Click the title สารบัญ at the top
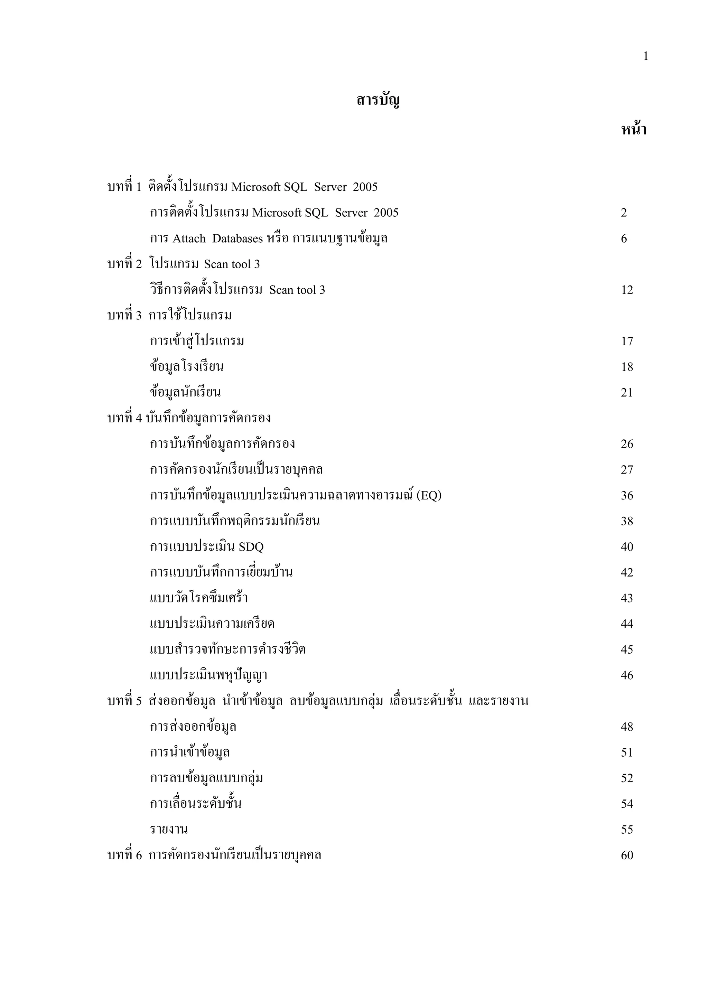coord(378,100)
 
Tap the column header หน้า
coord(633,130)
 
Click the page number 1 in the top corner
coord(646,56)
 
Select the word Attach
coord(189,239)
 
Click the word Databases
coord(237,239)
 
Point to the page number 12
coord(627,290)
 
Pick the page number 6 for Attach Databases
coord(624,239)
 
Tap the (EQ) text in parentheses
coord(429,496)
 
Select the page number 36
coord(627,496)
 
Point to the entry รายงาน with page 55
coord(169,830)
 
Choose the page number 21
coord(627,393)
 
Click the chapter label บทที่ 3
coord(125,316)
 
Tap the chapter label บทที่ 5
coord(125,701)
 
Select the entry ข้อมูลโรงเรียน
coord(187,367)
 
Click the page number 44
coord(627,624)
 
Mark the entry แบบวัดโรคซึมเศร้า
coord(199,598)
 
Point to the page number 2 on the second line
coord(624,213)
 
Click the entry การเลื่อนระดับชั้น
coord(196,804)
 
